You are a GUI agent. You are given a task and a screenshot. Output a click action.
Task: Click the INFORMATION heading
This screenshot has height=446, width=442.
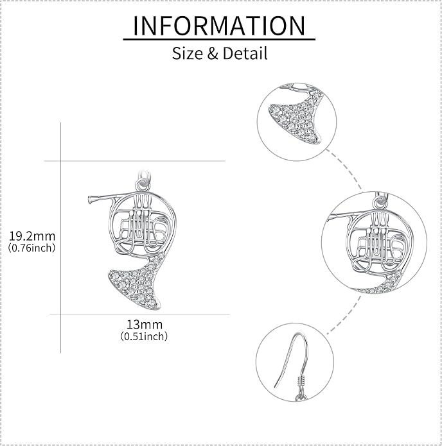(x=219, y=26)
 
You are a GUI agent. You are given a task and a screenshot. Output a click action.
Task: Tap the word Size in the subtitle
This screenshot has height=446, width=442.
(x=187, y=53)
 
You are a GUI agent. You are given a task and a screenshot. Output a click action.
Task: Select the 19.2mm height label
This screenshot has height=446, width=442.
(x=32, y=236)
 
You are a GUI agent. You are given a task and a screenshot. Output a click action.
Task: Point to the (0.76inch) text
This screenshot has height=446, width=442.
(x=31, y=248)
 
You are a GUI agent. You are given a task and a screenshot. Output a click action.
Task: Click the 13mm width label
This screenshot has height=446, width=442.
(x=145, y=325)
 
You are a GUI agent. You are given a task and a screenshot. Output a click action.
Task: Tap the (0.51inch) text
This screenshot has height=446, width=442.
(x=144, y=336)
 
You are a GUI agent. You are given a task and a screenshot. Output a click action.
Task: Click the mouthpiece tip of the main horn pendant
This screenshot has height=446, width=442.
(x=90, y=200)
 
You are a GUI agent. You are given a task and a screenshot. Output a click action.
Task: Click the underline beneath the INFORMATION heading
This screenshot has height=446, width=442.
(x=219, y=39)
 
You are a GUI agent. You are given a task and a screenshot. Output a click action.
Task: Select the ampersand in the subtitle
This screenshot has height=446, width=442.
(x=213, y=53)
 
